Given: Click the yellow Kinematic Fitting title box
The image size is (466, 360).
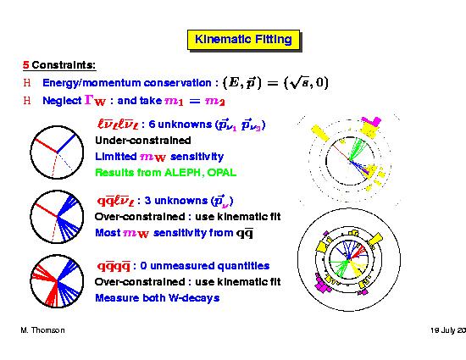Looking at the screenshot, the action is pos(243,40).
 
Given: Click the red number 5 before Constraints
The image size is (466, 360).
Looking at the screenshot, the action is pos(26,65).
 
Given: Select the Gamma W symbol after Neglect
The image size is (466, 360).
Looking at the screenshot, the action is pos(95,100).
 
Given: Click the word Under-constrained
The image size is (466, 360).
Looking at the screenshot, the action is pos(143,141).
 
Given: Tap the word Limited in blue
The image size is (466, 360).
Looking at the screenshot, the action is pos(116,156).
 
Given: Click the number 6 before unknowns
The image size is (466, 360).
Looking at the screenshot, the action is pos(152,124).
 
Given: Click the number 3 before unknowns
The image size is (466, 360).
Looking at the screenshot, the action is pos(147,201).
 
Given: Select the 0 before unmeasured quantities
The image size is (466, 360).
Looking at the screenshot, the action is pos(143,265).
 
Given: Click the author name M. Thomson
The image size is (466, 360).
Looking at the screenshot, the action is pos(43,330).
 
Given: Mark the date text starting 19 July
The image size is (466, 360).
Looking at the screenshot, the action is pos(448,330).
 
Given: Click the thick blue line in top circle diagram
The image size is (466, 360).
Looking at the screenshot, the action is pos(66,144).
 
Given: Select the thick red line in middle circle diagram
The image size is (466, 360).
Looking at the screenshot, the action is pos(46,210).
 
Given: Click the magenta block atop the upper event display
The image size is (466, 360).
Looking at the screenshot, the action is pos(372,121).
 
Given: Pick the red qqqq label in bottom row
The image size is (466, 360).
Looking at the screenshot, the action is pos(114,267).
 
